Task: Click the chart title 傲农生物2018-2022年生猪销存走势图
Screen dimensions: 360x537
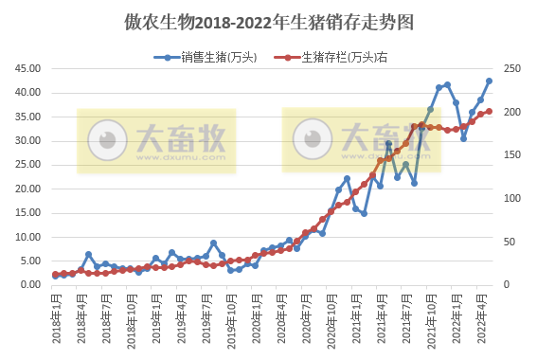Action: (268, 21)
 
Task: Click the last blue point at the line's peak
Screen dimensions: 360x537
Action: (489, 81)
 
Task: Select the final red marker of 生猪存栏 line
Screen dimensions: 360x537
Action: (489, 111)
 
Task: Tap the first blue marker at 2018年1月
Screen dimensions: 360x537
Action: (56, 276)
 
